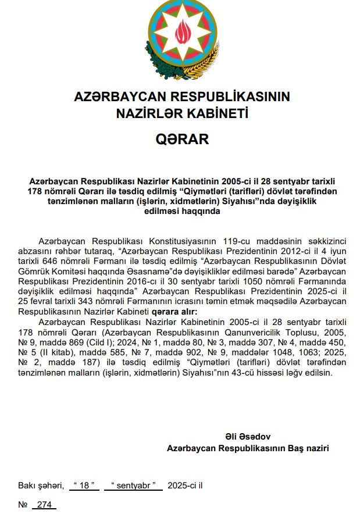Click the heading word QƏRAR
click(x=181, y=140)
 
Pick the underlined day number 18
click(x=84, y=486)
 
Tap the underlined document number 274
click(x=44, y=505)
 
